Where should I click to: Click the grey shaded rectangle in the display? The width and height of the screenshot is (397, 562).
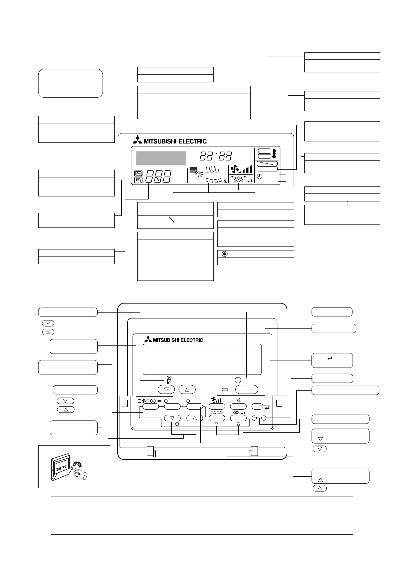pos(161,158)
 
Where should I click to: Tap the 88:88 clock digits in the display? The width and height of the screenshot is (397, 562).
pos(216,155)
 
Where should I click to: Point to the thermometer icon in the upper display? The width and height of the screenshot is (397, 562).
pos(274,153)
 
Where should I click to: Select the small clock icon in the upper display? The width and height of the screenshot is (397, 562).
pos(260,176)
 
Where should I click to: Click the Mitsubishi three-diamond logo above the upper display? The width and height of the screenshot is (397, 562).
pos(137,140)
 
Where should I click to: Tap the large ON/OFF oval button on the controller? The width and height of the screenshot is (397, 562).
pos(247,389)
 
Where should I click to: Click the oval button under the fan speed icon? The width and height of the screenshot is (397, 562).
pos(217,406)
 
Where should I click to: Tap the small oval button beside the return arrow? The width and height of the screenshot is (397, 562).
pos(257,406)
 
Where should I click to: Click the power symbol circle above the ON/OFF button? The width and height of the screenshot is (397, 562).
pos(238,380)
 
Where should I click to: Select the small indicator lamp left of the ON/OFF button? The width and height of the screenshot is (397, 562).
pos(225,390)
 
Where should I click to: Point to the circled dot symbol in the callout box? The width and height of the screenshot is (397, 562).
pos(225,254)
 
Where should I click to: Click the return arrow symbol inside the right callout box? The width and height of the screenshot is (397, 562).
pos(330,359)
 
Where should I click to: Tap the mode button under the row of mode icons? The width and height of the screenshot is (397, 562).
pos(150,406)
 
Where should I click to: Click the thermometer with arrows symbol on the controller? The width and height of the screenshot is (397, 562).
pos(169,380)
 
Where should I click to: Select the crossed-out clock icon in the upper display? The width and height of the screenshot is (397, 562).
pos(138,180)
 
